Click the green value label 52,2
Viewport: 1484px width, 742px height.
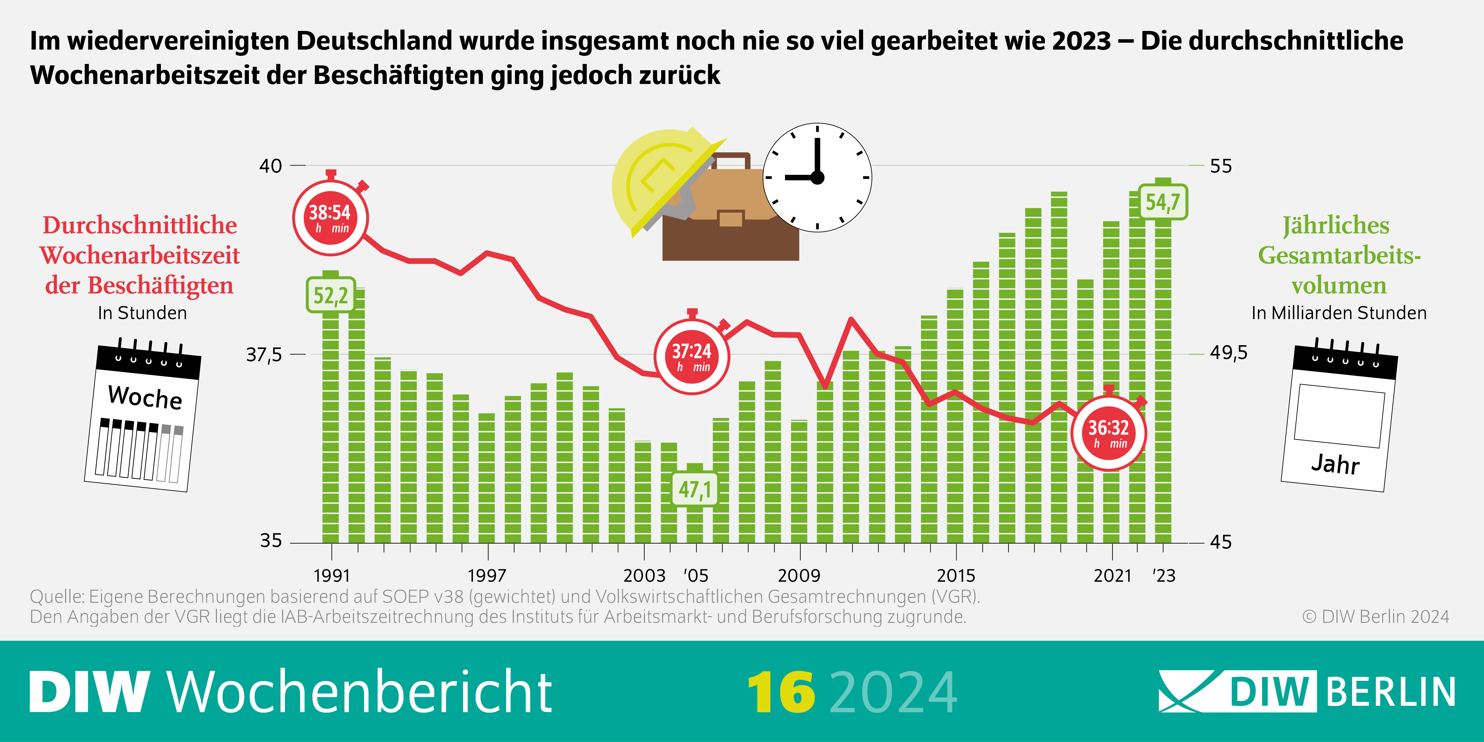click(x=330, y=296)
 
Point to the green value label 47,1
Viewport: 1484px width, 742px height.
click(x=695, y=490)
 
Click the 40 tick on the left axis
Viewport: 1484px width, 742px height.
click(x=271, y=166)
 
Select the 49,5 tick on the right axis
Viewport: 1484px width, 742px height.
click(x=1228, y=352)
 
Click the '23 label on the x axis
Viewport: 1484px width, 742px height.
click(x=1164, y=575)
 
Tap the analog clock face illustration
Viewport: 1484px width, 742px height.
click(x=817, y=177)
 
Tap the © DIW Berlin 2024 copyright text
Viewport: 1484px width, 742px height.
click(x=1375, y=616)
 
